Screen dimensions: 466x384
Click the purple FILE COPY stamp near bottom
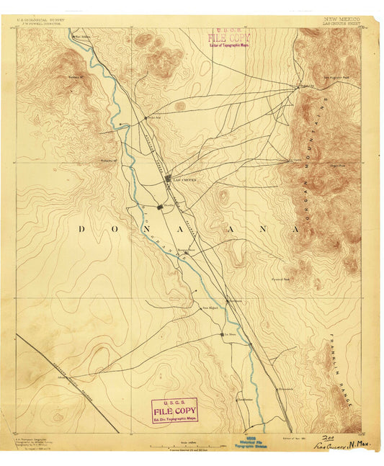(x=173, y=411)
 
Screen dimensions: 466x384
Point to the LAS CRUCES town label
(x=184, y=180)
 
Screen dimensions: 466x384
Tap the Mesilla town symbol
(x=161, y=207)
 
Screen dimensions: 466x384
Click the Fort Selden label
(x=85, y=35)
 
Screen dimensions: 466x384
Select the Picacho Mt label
(x=108, y=160)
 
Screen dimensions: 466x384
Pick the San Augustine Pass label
(x=336, y=77)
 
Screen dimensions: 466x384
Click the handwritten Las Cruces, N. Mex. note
(x=348, y=447)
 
